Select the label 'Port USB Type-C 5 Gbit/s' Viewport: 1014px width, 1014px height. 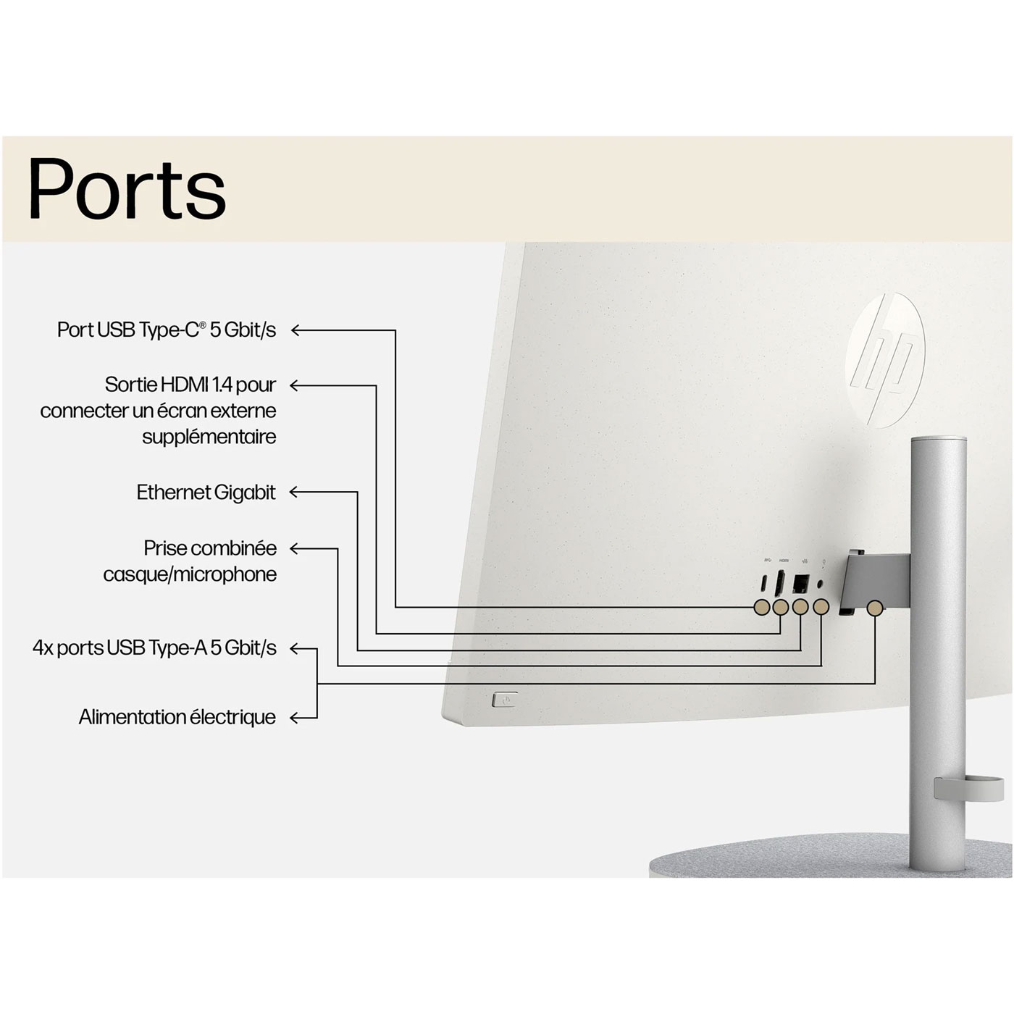pyautogui.click(x=167, y=330)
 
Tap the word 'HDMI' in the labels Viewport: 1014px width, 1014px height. pyautogui.click(x=185, y=385)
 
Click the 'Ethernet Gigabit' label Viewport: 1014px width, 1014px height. pyautogui.click(x=206, y=493)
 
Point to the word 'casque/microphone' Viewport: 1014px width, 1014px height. pyautogui.click(x=190, y=574)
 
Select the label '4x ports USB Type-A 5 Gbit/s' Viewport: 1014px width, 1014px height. pyautogui.click(x=154, y=648)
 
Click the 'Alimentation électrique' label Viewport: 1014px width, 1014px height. pyautogui.click(x=177, y=717)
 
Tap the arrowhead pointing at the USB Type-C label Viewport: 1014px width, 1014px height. pyautogui.click(x=295, y=330)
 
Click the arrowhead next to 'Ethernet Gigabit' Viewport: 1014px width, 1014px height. pyautogui.click(x=293, y=493)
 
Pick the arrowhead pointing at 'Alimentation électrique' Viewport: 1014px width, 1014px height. pyautogui.click(x=294, y=718)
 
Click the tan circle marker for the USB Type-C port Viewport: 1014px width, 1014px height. pyautogui.click(x=761, y=607)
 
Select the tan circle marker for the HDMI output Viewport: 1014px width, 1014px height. pyautogui.click(x=780, y=607)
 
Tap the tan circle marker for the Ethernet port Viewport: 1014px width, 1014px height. pyautogui.click(x=800, y=607)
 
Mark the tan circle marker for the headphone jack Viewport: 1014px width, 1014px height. pyautogui.click(x=821, y=607)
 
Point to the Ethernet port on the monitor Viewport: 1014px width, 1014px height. pyautogui.click(x=801, y=582)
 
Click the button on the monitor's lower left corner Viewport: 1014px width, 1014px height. pyautogui.click(x=504, y=700)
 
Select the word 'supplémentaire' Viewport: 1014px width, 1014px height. pyautogui.click(x=209, y=437)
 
